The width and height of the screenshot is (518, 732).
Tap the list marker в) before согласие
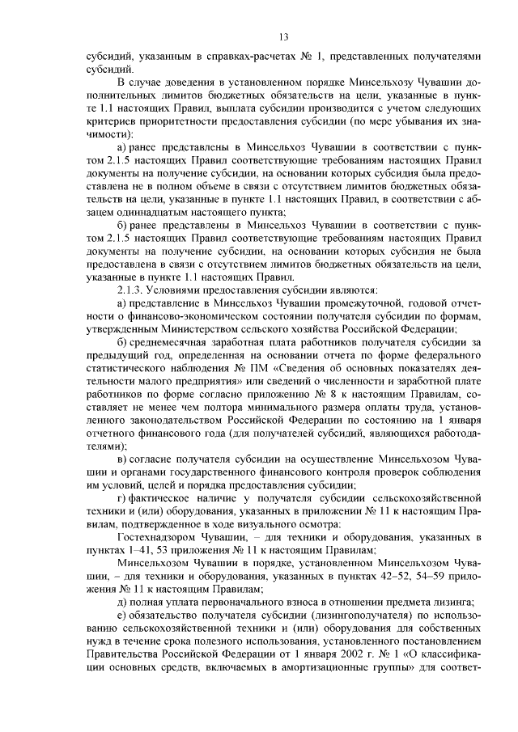click(x=122, y=459)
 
